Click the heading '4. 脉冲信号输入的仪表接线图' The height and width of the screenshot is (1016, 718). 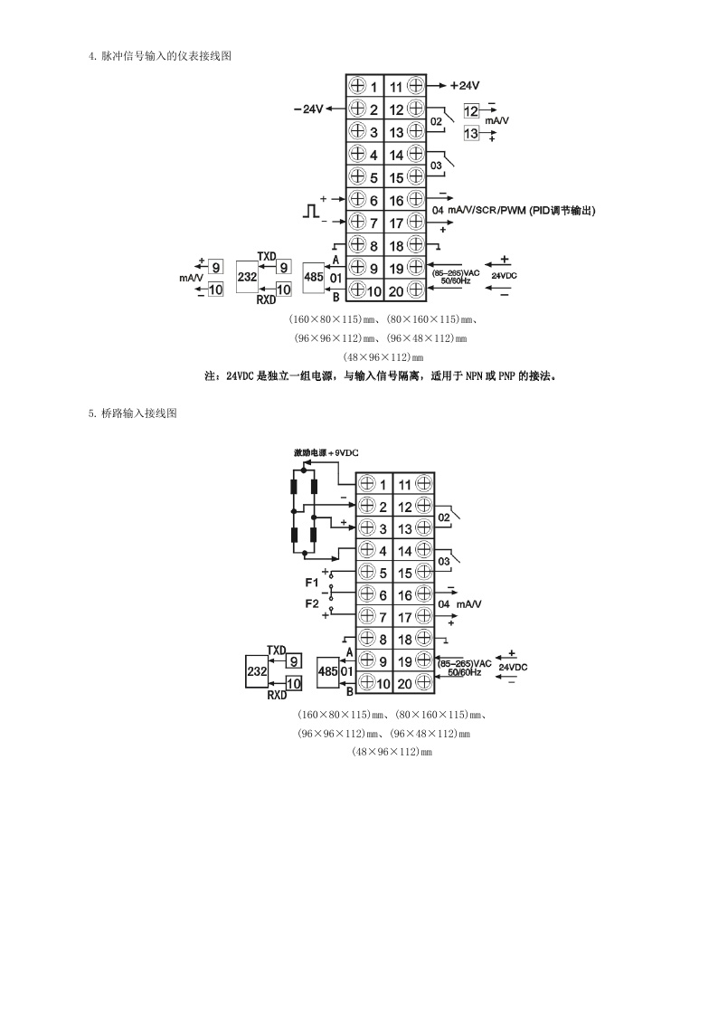160,56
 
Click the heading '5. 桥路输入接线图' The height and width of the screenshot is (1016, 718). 133,413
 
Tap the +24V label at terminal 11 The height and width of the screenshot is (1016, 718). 464,86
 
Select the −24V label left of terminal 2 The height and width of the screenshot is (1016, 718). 308,109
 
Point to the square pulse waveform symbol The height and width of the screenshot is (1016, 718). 311,211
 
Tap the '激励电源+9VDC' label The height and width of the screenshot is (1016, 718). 326,453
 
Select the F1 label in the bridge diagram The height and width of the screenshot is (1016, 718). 311,583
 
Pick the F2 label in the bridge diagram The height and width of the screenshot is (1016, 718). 311,603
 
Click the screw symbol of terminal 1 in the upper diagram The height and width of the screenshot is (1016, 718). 356,85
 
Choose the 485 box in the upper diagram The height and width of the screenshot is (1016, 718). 314,277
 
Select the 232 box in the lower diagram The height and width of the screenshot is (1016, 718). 257,672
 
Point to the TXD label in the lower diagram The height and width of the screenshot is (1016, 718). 277,650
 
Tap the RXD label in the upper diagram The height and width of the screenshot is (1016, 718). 266,300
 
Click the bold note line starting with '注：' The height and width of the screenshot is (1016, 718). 381,375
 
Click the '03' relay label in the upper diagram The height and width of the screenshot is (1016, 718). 437,166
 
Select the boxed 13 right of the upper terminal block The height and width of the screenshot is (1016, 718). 471,134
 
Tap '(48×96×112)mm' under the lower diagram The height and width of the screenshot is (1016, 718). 392,753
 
